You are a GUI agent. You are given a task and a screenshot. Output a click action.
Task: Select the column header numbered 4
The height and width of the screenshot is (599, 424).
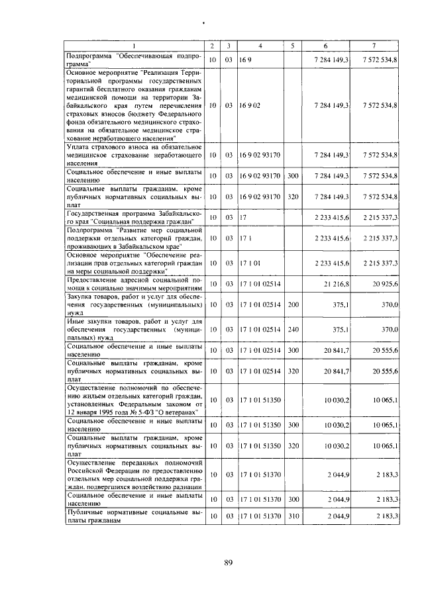(x=260, y=46)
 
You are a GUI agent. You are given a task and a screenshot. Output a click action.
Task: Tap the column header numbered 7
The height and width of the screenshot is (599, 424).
(x=374, y=46)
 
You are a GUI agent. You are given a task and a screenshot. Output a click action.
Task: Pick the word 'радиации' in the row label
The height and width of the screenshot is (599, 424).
(x=185, y=484)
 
